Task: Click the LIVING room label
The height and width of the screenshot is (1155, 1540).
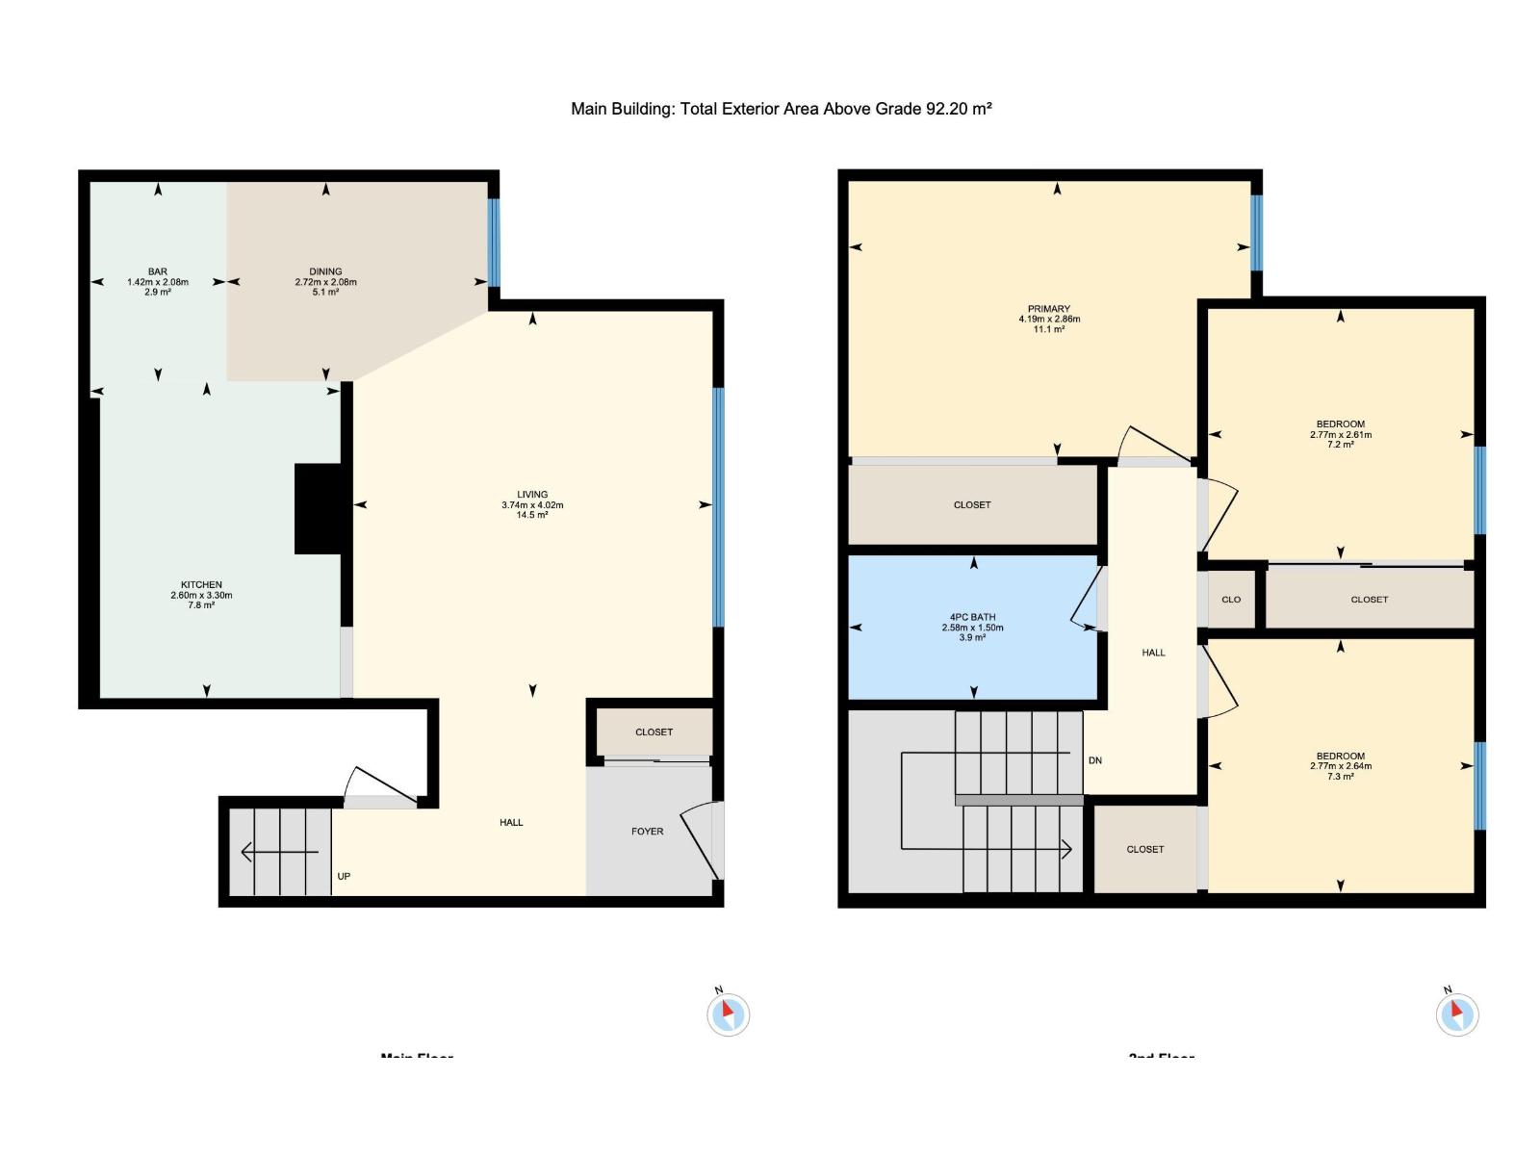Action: [x=532, y=495]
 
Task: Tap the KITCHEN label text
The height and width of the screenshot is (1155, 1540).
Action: [x=201, y=584]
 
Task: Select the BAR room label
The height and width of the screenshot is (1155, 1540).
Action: [x=158, y=271]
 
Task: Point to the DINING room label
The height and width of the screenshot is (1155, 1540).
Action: [x=325, y=271]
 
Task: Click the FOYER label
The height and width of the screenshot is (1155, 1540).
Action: [x=647, y=832]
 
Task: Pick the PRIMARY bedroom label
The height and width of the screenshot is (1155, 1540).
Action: [x=1049, y=309]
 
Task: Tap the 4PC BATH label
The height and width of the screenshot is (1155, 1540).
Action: [x=972, y=617]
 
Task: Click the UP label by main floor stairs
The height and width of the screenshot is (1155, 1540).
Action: [x=344, y=876]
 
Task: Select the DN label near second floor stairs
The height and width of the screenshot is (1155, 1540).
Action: [x=1095, y=760]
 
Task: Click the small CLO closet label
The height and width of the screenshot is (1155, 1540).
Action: [x=1231, y=600]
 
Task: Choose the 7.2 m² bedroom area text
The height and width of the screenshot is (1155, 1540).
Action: [x=1341, y=445]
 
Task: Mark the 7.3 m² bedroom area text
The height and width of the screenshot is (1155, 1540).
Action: [x=1341, y=777]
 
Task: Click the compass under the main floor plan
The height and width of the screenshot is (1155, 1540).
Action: [x=728, y=1014]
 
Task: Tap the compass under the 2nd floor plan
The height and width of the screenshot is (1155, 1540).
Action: [x=1456, y=1014]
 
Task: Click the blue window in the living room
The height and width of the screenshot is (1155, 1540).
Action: [x=718, y=506]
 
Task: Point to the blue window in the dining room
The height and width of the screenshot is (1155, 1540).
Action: [x=494, y=242]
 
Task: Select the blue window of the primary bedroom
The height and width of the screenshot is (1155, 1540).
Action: [x=1256, y=233]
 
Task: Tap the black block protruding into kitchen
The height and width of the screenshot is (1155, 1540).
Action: [x=318, y=509]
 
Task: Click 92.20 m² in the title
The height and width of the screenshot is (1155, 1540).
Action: [x=959, y=109]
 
